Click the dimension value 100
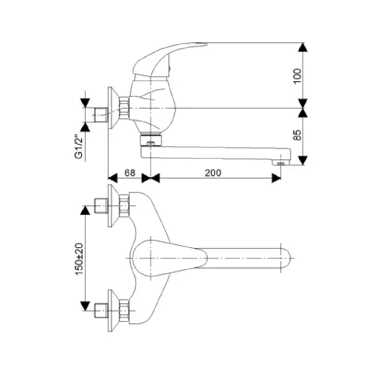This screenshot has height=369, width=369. tap(297, 76)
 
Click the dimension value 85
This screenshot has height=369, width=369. tap(297, 135)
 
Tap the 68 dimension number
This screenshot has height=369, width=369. tap(130, 173)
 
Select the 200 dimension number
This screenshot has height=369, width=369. tap(213, 173)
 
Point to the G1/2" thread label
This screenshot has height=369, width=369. tap(79, 146)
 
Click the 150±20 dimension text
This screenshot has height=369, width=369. tap(79, 259)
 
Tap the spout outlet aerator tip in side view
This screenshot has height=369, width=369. tap(280, 162)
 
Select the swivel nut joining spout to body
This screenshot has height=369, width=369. tap(151, 140)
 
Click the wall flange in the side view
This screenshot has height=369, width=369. tap(113, 108)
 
